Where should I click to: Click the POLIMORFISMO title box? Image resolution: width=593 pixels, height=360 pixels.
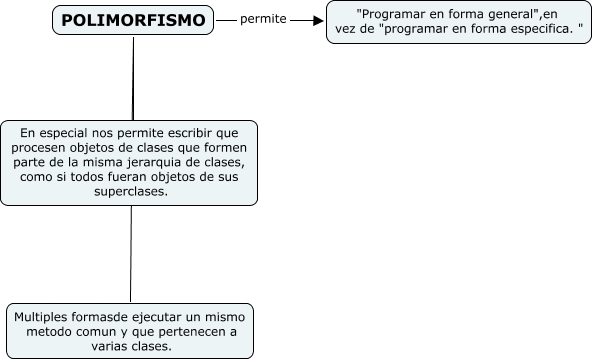(133, 20)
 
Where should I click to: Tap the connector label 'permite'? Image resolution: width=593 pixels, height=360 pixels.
(263, 19)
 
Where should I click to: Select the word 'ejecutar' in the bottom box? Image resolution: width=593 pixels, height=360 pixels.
(156, 316)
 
